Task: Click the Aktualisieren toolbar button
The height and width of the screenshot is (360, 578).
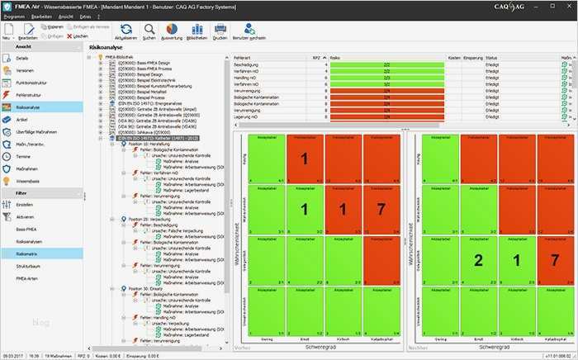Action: pos(126,32)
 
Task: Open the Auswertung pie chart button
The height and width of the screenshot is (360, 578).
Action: pos(173,32)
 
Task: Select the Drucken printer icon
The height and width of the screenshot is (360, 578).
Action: pos(220,32)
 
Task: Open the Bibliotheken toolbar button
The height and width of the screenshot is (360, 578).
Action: pos(197,32)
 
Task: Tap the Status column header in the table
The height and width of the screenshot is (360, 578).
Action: pos(492,59)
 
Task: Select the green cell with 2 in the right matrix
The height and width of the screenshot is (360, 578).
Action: pos(478,261)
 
